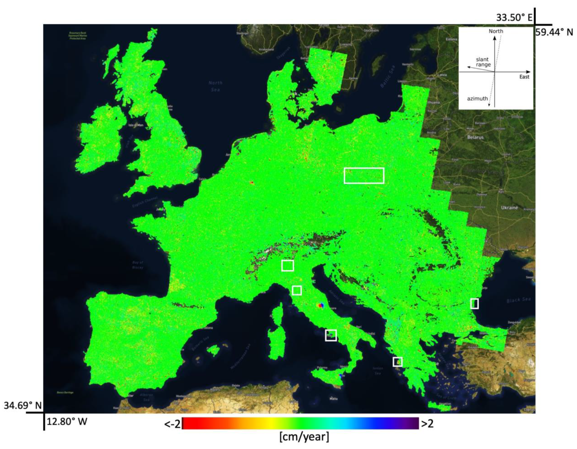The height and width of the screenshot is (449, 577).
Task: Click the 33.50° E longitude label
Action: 514,17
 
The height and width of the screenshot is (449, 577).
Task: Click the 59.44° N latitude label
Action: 554,32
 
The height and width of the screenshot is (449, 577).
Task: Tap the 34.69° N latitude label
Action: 22,405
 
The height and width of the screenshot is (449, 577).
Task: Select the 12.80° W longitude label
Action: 67,421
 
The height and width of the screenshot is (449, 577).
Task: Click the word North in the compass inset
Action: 496,31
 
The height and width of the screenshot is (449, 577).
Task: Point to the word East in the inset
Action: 524,77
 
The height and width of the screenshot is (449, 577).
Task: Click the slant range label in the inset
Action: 483,62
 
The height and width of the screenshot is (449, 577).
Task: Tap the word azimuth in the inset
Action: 477,98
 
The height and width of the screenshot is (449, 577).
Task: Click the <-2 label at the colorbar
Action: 172,424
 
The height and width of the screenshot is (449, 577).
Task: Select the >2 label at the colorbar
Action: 427,424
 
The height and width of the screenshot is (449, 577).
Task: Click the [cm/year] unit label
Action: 304,437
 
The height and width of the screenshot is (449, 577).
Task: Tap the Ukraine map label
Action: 509,208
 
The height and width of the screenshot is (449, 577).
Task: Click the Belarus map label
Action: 475,137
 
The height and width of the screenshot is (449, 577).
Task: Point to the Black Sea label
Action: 518,300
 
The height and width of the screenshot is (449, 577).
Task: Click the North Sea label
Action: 215,86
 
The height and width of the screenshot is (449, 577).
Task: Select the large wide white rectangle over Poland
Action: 364,176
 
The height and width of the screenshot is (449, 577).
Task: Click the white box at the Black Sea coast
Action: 474,303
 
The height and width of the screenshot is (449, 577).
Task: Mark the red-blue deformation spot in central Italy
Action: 320,306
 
